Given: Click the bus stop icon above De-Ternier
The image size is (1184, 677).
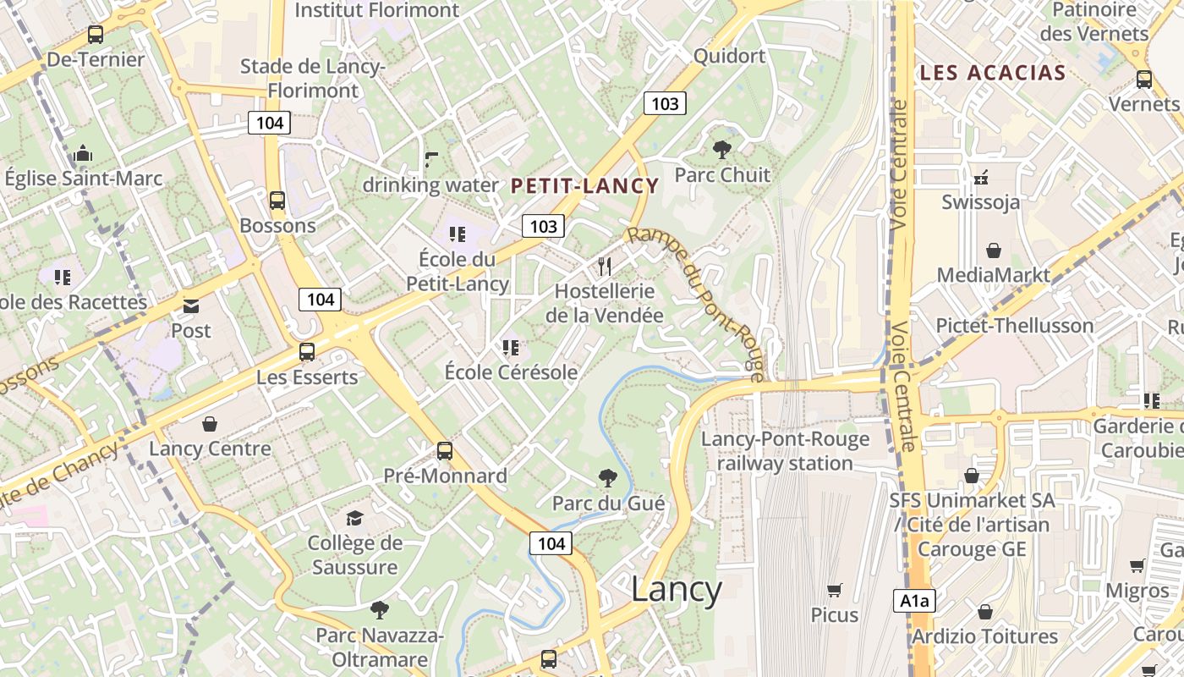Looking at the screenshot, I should click(x=96, y=35).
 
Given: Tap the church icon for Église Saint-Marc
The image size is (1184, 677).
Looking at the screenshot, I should click(x=83, y=154).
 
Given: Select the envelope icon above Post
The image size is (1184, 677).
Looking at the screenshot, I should click(x=191, y=305).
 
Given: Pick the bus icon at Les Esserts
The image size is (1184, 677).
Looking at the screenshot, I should click(x=307, y=352).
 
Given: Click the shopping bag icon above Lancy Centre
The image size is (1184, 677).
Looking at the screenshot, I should click(x=210, y=424).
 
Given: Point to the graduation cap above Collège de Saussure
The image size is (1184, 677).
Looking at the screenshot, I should click(x=354, y=518).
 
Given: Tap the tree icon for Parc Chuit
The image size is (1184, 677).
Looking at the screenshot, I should click(x=722, y=151).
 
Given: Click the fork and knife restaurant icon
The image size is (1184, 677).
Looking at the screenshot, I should click(x=604, y=267).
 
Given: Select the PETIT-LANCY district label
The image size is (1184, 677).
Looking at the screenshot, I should click(x=584, y=186).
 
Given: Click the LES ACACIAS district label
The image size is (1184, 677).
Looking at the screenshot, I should click(x=992, y=73).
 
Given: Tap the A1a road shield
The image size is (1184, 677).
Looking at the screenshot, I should click(x=914, y=602).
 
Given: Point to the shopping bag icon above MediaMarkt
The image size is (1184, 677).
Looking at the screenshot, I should click(x=993, y=251).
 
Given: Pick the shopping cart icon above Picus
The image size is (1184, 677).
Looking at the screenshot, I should click(x=835, y=590).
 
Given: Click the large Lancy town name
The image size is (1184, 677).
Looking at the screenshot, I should click(x=677, y=590).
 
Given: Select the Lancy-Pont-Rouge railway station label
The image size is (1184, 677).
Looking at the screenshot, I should click(x=785, y=451).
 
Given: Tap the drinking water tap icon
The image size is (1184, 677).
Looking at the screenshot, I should click(x=431, y=160).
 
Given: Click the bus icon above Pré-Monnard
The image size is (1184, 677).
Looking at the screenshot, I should click(x=445, y=451).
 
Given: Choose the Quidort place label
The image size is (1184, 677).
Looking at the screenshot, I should click(x=729, y=56).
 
